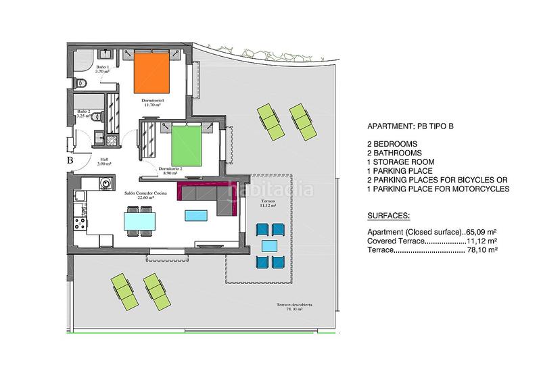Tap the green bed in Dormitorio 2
click(186, 143)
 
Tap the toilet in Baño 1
click(82, 83)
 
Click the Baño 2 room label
click(84, 113)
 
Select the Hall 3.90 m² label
click(103, 162)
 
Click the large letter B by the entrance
click(70, 161)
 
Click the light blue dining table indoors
click(140, 221)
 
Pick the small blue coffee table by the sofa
click(195, 216)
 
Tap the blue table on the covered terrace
click(269, 246)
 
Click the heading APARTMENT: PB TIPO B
click(409, 126)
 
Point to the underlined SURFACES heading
click(388, 217)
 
